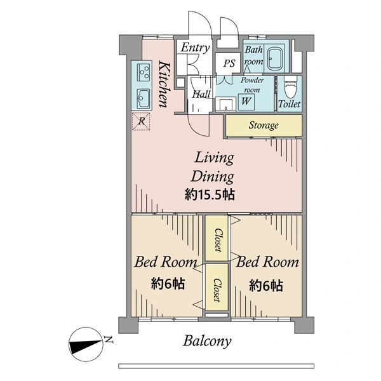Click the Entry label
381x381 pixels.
pos(195,48)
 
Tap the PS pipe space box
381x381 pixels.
pos(229,63)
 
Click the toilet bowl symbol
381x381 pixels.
pos(290,88)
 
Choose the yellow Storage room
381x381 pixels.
pos(264,125)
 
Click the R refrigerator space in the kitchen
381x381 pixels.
pos(141,121)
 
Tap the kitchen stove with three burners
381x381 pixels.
pos(144,72)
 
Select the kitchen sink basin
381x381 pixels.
pos(144,98)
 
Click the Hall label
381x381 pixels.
pos(201,94)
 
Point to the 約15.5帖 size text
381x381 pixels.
pos(210,195)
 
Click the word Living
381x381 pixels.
pos(214,158)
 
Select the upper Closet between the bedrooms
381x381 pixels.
pos(217,238)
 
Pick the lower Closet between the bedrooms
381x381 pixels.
pos(217,287)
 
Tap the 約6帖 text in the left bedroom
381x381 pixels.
pos(168,284)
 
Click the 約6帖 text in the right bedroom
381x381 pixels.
pos(266,286)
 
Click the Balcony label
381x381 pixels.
pos(207,341)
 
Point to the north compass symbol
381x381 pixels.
pos(86,344)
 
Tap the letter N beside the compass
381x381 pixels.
pos(109,340)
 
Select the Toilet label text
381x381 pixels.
pos(289,104)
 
